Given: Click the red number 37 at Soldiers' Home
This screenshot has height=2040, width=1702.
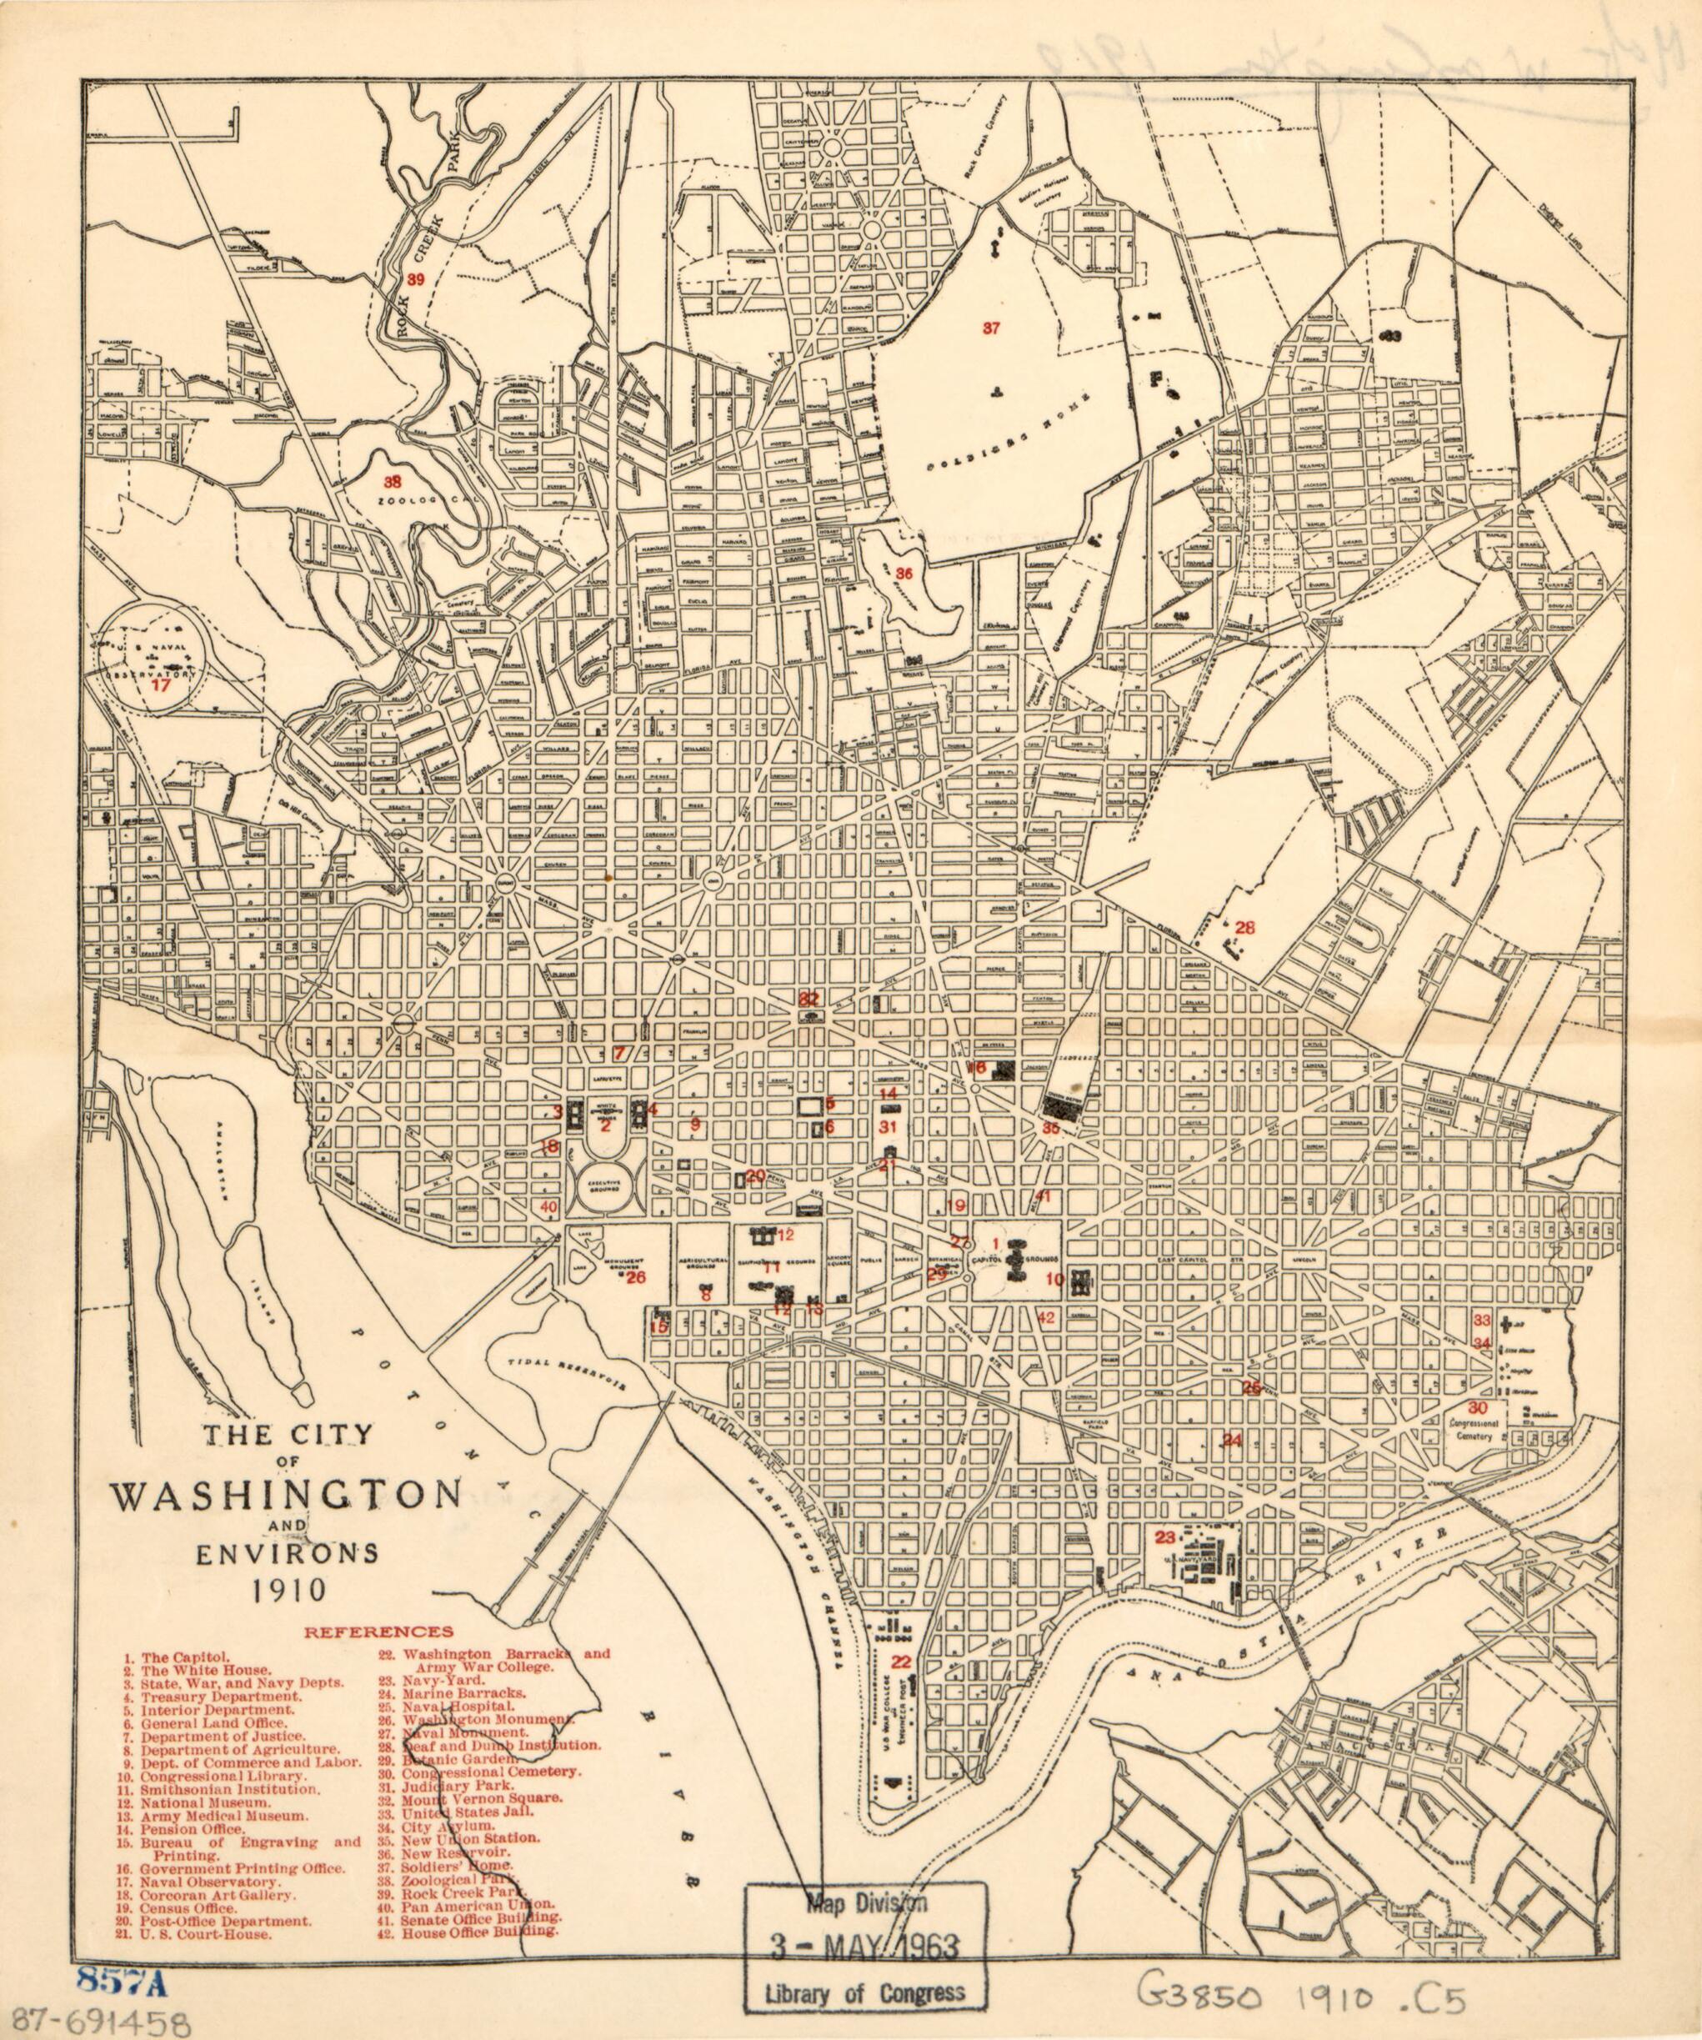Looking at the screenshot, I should point(990,328).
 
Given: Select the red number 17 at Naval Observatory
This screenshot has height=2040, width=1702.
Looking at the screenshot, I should point(160,684).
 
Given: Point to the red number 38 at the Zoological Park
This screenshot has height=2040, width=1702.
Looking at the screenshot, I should point(392,481).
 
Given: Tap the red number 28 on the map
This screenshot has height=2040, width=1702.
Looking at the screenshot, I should point(1244,928).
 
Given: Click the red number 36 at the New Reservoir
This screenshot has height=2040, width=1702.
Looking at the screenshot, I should point(904,572).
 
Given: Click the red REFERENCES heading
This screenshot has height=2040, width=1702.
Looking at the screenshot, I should point(379,1632).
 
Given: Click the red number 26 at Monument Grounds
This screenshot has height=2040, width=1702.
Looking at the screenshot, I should point(635,1277).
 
